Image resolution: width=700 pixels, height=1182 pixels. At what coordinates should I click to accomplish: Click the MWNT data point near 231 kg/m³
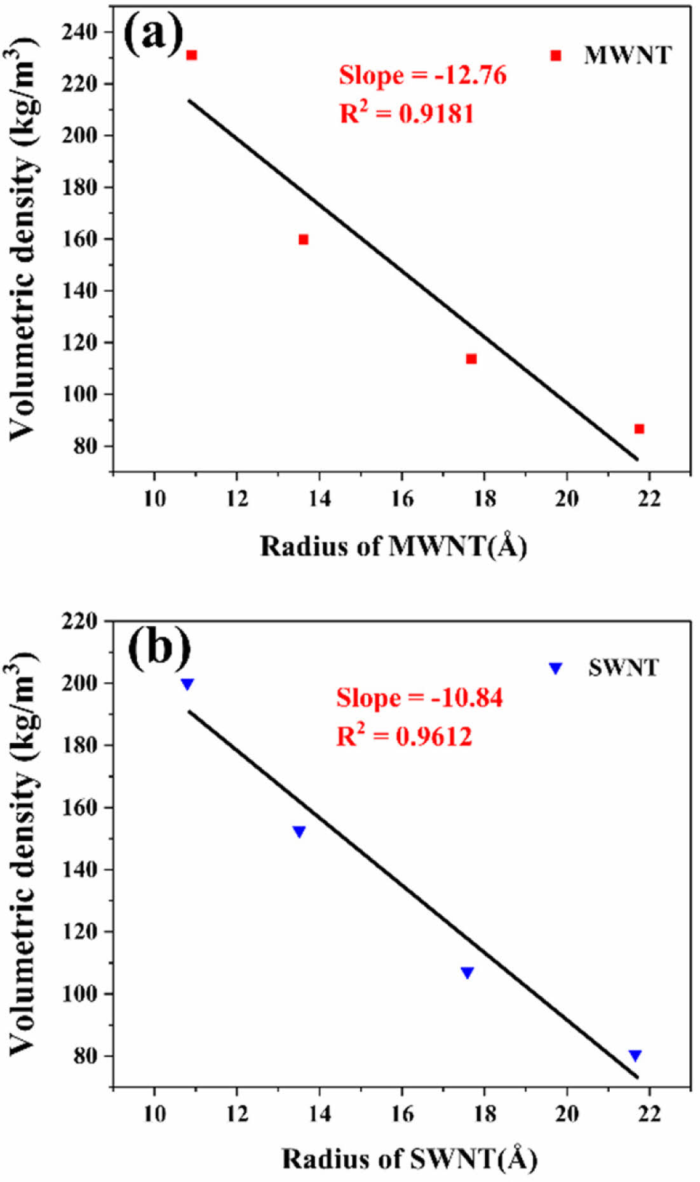click(192, 55)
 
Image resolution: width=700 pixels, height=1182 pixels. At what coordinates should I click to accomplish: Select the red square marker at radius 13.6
click(304, 240)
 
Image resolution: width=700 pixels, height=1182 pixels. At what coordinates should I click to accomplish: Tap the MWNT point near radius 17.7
click(471, 359)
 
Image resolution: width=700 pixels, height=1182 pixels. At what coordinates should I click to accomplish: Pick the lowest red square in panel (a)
click(639, 429)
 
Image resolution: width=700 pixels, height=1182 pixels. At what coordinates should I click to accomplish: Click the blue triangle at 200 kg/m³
click(187, 684)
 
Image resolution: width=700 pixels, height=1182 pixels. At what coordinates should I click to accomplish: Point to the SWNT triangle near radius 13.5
click(299, 832)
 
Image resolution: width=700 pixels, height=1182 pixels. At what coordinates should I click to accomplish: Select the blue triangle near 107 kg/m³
click(468, 973)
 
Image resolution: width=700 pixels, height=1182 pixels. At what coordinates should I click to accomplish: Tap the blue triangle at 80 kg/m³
click(635, 1056)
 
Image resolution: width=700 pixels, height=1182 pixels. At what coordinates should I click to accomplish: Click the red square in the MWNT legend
click(556, 56)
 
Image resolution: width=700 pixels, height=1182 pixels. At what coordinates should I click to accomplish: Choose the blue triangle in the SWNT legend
click(556, 668)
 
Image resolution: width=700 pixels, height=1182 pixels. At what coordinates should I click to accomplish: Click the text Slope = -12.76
click(422, 76)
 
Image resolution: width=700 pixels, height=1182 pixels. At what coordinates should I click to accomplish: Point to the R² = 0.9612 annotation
click(404, 736)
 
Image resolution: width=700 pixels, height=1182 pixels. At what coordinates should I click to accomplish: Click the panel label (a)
click(153, 34)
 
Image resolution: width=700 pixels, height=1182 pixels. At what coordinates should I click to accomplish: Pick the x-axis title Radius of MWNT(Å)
click(394, 547)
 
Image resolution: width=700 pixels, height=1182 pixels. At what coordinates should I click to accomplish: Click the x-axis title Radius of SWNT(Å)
click(410, 1158)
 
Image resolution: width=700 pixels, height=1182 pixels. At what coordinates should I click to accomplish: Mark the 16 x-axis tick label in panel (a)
click(401, 499)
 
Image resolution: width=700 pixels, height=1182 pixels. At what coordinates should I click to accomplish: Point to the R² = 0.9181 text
click(407, 114)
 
